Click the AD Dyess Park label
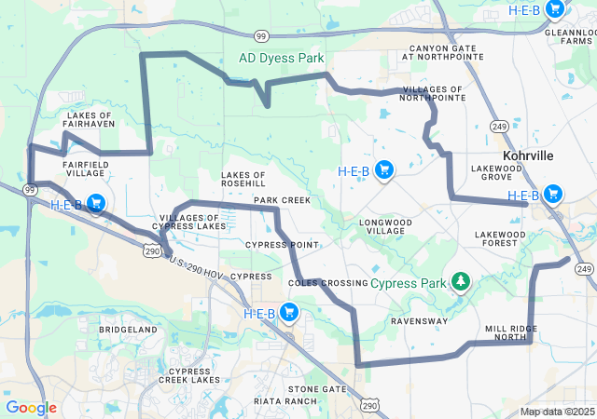[281, 58]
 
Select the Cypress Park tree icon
[459, 281]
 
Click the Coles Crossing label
[324, 282]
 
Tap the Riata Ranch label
[285, 401]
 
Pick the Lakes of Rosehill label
[243, 181]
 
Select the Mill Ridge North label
[511, 333]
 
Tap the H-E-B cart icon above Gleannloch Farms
[555, 9]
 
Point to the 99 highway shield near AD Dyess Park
[262, 35]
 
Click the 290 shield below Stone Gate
[369, 405]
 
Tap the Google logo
[31, 408]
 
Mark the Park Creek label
[282, 200]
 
